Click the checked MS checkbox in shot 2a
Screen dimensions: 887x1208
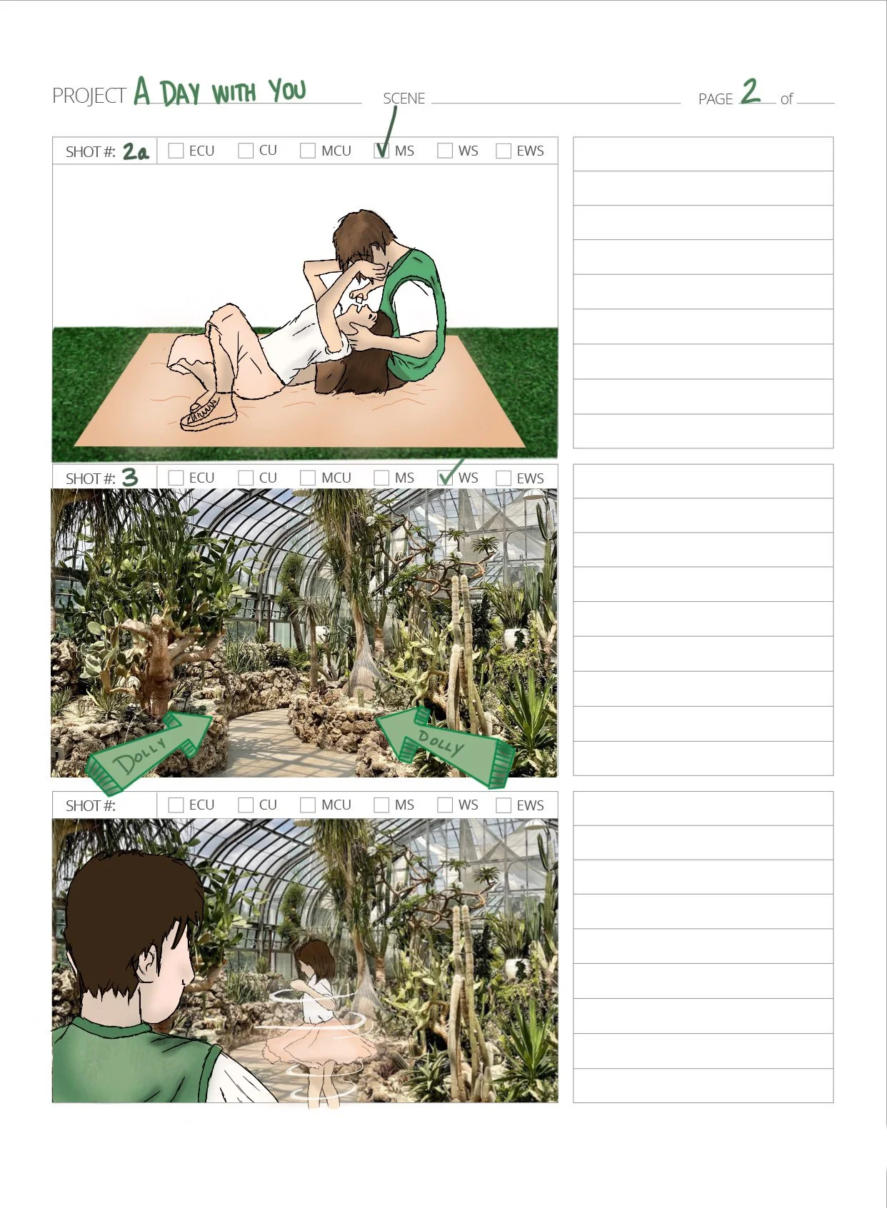(381, 151)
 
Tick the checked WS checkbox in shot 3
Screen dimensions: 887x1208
(445, 478)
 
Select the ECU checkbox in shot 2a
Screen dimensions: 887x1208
(176, 151)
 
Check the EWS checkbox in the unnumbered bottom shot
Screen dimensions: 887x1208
(503, 805)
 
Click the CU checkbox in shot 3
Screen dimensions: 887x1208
(246, 478)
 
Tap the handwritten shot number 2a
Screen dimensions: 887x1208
(136, 151)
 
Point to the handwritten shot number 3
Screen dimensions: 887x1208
(129, 477)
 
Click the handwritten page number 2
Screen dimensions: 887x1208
(751, 91)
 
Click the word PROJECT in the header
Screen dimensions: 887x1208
(89, 96)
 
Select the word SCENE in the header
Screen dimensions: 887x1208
(404, 98)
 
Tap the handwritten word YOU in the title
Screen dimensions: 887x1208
(288, 90)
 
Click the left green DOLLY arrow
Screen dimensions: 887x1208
(149, 751)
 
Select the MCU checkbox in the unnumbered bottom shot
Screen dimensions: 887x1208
(308, 805)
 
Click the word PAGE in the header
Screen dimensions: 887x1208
(716, 99)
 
